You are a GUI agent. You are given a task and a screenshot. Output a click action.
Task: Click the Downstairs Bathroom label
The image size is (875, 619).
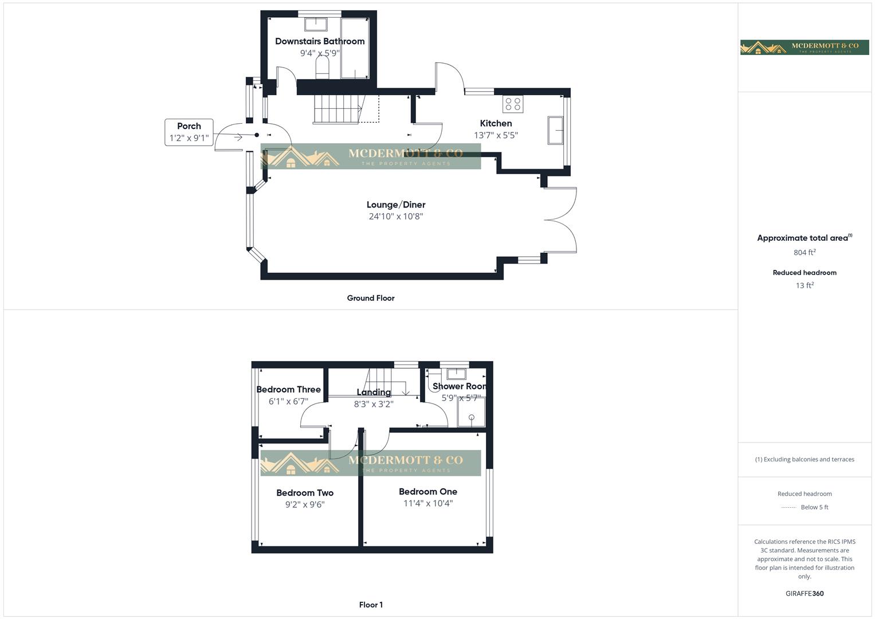pos(320,41)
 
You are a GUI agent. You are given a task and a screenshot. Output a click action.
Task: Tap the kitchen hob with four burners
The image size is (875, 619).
pos(513,104)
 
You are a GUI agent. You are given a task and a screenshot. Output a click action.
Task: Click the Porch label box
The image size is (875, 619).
pos(189,132)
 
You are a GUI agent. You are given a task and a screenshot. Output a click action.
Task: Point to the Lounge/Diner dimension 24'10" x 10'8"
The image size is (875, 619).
pos(395,217)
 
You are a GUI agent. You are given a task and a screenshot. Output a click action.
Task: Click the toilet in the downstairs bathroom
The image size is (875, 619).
pos(322,69)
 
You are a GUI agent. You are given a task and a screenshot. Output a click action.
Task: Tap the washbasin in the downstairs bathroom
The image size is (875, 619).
pos(315,24)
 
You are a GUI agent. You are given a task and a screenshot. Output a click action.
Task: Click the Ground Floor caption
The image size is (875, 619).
pos(371,298)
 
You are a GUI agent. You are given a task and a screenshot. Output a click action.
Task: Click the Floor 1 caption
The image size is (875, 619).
pos(371,605)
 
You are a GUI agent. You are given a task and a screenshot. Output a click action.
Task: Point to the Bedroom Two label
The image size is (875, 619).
pos(305,493)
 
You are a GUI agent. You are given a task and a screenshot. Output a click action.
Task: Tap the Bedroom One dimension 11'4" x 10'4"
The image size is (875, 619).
pos(428,504)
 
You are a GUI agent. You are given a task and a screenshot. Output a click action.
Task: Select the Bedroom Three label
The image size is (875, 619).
pos(288,390)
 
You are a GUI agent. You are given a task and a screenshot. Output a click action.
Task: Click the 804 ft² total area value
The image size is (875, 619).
pos(805,253)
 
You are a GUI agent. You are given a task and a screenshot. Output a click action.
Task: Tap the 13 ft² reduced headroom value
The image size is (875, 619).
pos(805,285)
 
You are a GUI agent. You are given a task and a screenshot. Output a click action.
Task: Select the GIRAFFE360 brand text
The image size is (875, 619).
pos(805,594)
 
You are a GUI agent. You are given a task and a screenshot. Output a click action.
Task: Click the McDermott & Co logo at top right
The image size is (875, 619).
pos(805,47)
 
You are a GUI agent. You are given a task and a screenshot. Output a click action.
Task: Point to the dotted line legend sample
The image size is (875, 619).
pos(789,508)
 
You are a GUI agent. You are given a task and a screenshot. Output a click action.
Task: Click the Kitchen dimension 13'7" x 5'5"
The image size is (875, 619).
pos(496,135)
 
